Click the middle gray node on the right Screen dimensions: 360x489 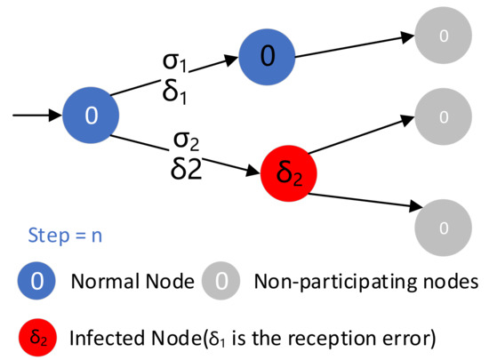coord(445,116)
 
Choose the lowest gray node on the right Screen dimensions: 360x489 coord(445,227)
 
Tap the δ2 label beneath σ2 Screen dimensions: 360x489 coord(187,169)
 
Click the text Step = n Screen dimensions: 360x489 coord(57,236)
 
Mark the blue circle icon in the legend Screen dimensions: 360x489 coord(36,284)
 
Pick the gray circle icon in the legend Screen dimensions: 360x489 coord(223,284)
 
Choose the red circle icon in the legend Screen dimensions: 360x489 coord(36,336)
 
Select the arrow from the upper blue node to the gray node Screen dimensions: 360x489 coord(356,47)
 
